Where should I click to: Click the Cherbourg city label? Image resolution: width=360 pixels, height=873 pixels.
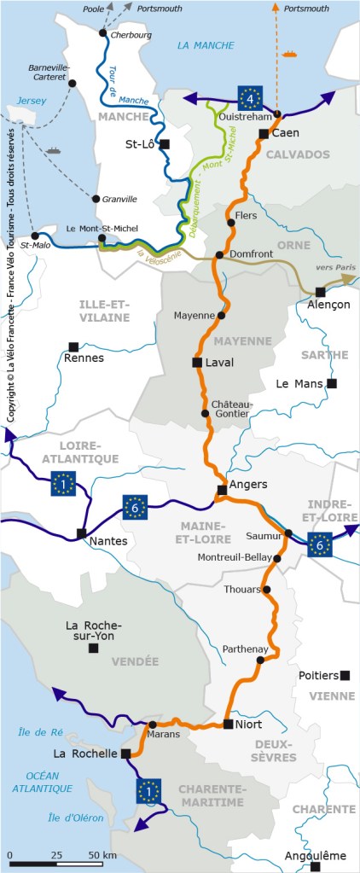coord(131,35)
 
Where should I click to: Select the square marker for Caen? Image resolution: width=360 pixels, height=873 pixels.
coord(264,134)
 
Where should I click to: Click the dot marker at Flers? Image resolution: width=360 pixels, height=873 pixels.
coord(230,224)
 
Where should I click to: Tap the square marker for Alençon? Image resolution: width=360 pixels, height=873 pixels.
coord(320,291)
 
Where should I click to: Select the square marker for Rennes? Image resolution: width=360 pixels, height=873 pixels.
coord(73,346)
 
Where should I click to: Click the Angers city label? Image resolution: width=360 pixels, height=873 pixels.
coord(249,484)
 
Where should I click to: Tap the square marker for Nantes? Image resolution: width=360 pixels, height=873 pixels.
coord(82,533)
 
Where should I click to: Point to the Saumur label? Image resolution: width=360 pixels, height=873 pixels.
coord(263,537)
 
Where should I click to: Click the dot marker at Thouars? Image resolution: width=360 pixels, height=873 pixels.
coord(267,590)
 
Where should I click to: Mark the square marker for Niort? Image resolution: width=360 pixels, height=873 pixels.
coord(227,724)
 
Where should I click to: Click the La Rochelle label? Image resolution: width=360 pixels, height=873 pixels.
coord(84,754)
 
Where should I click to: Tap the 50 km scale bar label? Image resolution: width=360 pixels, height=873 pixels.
coord(102,854)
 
